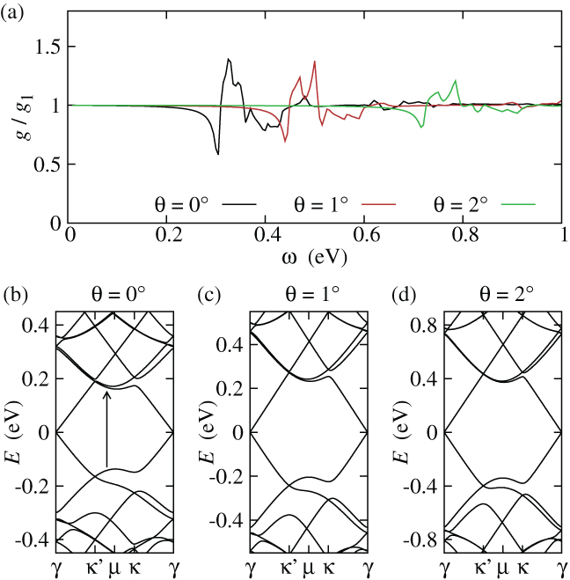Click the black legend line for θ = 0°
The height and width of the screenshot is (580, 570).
click(240, 204)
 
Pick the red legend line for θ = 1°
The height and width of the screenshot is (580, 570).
click(379, 204)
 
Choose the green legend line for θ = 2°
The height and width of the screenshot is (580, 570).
click(519, 204)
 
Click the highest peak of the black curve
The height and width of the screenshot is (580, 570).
click(229, 59)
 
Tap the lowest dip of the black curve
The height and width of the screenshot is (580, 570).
click(217, 155)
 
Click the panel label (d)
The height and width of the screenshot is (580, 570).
click(404, 296)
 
